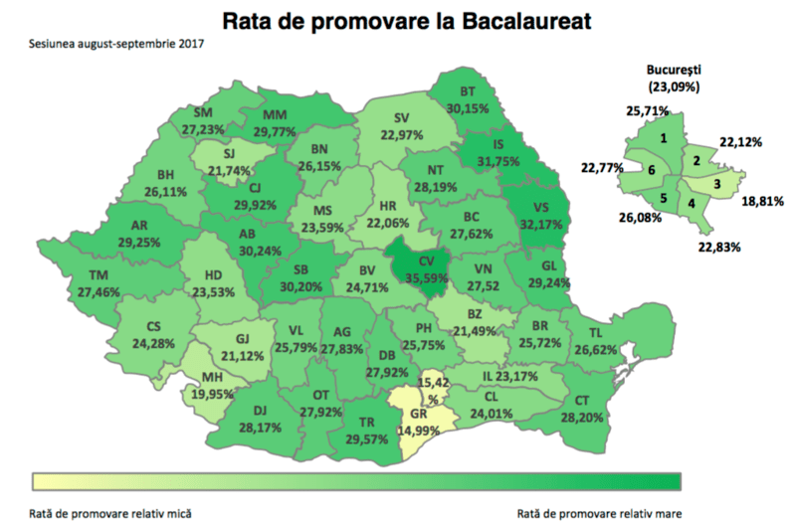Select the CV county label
coord(427,262)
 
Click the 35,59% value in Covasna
coord(428,277)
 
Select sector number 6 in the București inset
coord(650,171)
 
